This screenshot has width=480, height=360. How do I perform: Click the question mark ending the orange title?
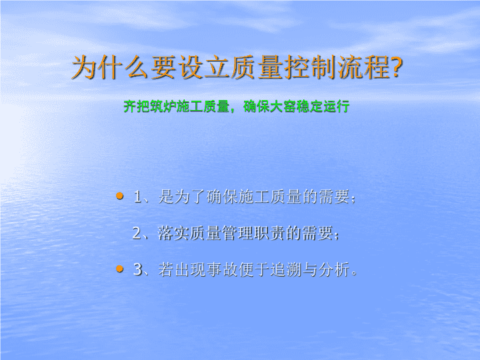point(396,67)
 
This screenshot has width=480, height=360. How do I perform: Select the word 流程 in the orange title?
point(363,67)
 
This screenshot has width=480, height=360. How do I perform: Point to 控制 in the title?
point(311,67)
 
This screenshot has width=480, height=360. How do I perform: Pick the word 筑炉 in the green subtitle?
point(163,107)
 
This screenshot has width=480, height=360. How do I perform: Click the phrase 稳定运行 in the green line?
point(323,107)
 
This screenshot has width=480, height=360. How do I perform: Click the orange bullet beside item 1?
point(120,196)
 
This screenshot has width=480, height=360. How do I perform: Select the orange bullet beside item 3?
point(120,269)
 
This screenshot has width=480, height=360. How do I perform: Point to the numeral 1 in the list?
point(137,197)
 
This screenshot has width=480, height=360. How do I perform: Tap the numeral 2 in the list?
point(137,233)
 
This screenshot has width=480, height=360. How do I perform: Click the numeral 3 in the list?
point(138,270)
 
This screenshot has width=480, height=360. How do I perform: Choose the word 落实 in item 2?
point(173,233)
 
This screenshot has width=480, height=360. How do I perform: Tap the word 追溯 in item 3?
point(286,270)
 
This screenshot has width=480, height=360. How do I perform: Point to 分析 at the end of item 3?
point(334,270)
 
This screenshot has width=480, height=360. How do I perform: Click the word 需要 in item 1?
point(334,197)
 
